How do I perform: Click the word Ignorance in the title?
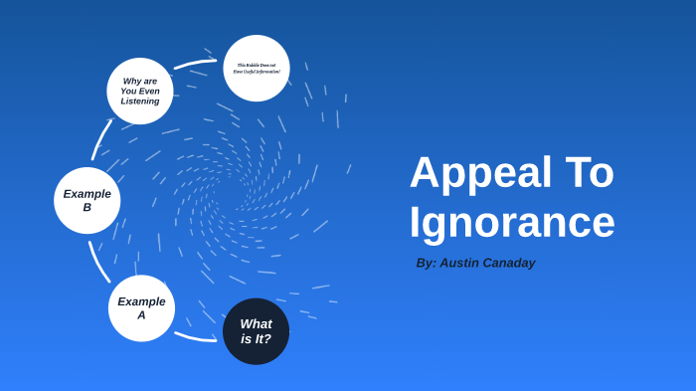[x=512, y=222]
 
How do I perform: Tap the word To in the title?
[x=584, y=172]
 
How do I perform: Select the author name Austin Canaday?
[x=487, y=263]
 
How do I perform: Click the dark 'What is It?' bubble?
[x=256, y=331]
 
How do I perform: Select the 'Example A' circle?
[x=141, y=308]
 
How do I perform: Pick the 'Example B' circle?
[x=87, y=200]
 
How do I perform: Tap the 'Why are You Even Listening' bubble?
[x=140, y=91]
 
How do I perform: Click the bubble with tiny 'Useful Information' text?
[x=257, y=69]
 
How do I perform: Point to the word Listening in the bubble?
[x=140, y=100]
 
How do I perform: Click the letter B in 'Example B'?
[x=87, y=207]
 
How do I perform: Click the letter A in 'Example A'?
[x=141, y=315]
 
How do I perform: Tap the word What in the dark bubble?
[x=256, y=323]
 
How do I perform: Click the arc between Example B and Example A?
[x=98, y=262]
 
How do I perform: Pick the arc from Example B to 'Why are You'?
[x=100, y=139]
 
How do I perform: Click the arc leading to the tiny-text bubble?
[x=195, y=64]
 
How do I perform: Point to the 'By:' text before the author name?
[x=426, y=263]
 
